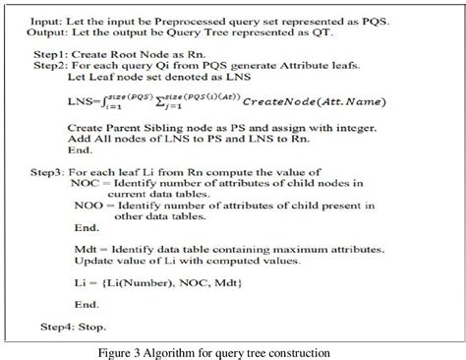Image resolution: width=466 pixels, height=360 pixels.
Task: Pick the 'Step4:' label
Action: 58,325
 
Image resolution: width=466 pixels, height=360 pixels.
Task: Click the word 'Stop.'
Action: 96,325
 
